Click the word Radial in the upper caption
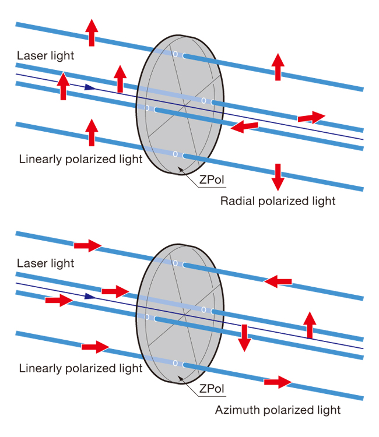pyautogui.click(x=236, y=201)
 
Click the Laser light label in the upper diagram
pyautogui.click(x=45, y=56)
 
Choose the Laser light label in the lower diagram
pyautogui.click(x=45, y=263)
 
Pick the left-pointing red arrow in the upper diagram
pyautogui.click(x=244, y=125)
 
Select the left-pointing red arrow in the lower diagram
pyautogui.click(x=278, y=281)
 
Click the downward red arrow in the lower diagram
pyautogui.click(x=244, y=337)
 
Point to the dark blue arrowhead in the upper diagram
pyautogui.click(x=88, y=87)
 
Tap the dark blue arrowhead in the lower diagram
pyautogui.click(x=88, y=296)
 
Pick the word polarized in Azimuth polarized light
pyautogui.click(x=286, y=410)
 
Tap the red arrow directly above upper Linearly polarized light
pyautogui.click(x=92, y=132)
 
